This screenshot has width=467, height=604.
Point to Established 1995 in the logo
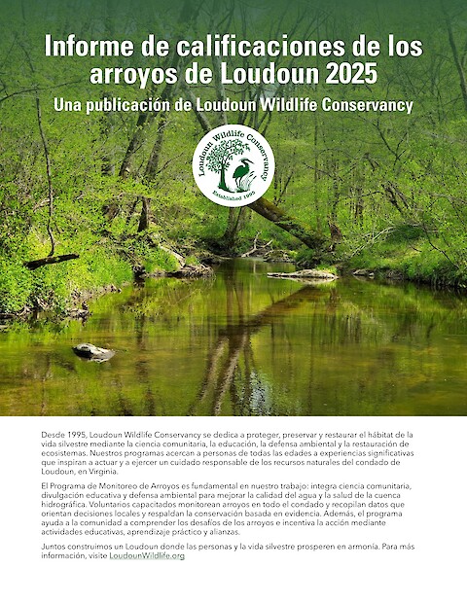(x=233, y=195)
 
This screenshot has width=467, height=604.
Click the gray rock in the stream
(x=93, y=351)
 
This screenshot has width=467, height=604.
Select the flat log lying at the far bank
(x=302, y=274)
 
